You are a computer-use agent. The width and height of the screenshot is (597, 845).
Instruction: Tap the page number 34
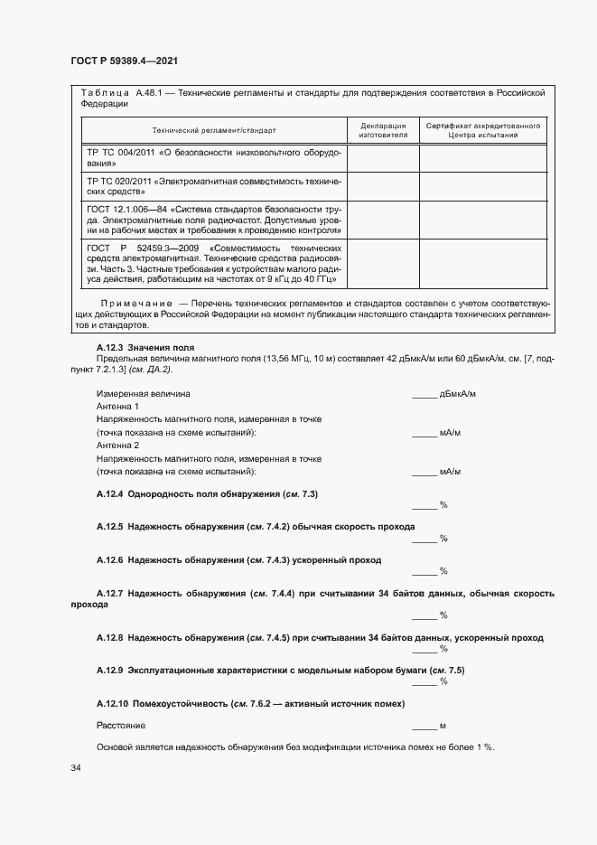point(76,768)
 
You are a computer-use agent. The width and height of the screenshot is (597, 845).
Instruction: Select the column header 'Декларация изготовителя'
point(383,130)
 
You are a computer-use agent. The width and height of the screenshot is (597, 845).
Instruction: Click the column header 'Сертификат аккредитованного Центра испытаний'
point(483,130)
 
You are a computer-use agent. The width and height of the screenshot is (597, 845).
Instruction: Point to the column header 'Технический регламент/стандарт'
point(214,130)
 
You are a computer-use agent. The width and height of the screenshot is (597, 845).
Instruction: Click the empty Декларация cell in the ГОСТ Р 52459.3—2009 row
point(383,262)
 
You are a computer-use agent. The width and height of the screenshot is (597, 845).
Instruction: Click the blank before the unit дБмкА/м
point(424,395)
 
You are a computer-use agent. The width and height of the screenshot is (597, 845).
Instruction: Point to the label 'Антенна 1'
point(117,407)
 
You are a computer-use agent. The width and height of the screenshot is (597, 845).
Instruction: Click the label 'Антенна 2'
point(117,446)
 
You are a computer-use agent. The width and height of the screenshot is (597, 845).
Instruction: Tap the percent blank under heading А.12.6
point(424,571)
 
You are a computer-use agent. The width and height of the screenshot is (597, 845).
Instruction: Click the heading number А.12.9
point(108,670)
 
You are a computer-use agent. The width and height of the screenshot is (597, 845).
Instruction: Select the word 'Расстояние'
point(121,726)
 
